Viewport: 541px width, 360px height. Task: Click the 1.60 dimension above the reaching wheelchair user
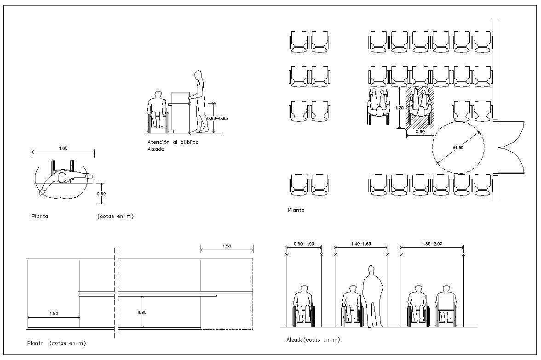coord(63,148)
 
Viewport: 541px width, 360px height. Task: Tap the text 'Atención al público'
coord(173,143)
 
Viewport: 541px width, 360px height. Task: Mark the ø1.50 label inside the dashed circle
coord(458,147)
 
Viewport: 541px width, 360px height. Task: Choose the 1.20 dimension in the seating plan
coord(399,107)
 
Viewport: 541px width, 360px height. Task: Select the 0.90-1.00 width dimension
coord(304,244)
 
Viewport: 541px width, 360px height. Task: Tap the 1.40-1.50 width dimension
coord(361,244)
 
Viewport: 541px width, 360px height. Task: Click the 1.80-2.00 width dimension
coord(432,244)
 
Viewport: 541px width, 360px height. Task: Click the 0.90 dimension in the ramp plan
coord(143,312)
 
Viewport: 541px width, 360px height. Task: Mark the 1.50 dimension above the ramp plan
coord(227,246)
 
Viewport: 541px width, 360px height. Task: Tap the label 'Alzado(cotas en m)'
coord(312,340)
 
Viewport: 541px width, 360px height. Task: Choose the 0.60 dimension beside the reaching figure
coord(101,194)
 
